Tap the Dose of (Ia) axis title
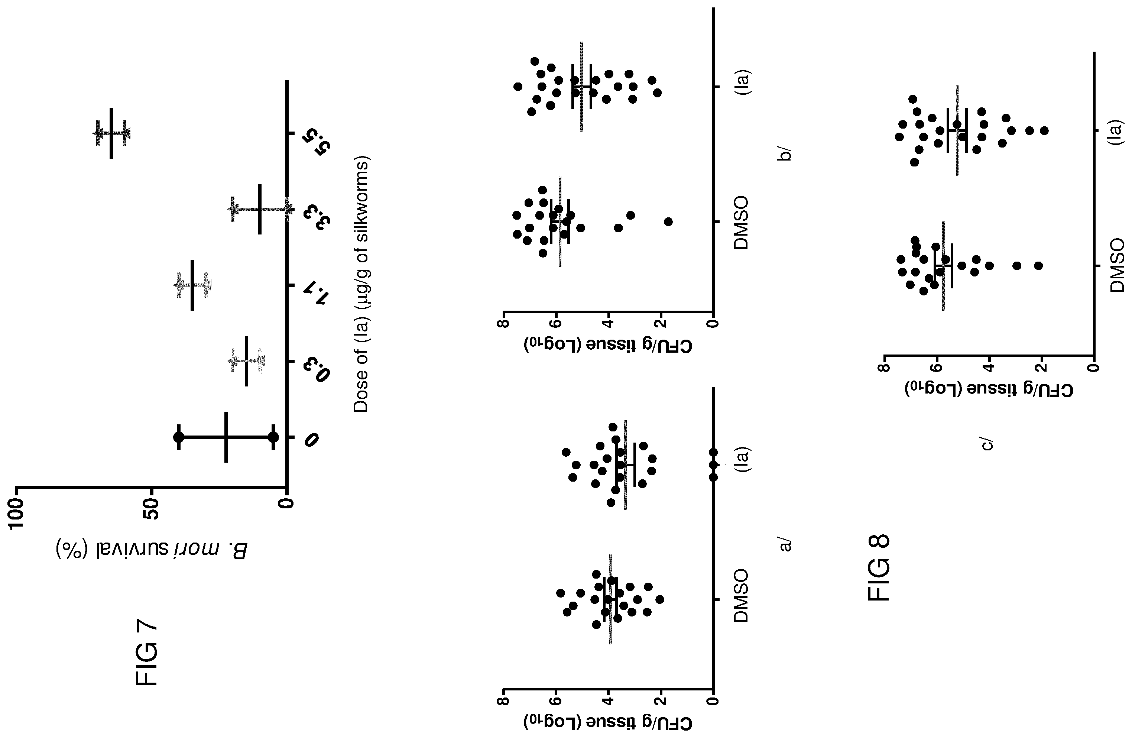click(x=361, y=285)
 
